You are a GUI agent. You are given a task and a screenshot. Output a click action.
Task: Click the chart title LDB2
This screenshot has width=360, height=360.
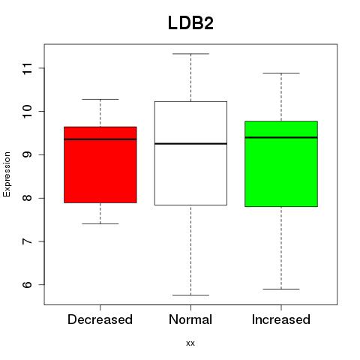[190, 23]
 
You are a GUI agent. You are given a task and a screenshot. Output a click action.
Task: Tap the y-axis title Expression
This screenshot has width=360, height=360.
[7, 174]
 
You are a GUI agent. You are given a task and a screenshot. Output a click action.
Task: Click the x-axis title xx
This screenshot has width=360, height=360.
[190, 343]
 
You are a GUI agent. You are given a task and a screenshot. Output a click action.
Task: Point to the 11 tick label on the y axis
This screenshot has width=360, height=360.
[28, 68]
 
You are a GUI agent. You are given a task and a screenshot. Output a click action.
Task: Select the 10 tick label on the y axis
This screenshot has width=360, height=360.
[28, 112]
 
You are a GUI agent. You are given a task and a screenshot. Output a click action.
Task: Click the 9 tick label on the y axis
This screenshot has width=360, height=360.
[28, 154]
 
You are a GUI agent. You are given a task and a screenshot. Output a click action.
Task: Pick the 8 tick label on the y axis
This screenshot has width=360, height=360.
[28, 198]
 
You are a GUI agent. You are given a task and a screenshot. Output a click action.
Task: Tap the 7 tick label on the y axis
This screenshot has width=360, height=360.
[28, 241]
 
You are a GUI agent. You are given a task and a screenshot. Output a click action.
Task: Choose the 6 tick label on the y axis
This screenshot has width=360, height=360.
[28, 284]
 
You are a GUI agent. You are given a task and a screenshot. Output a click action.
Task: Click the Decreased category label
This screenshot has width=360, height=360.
[100, 319]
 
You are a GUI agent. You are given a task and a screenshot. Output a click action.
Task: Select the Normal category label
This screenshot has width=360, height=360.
[190, 319]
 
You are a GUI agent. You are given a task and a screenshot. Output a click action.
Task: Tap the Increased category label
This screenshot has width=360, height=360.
[281, 319]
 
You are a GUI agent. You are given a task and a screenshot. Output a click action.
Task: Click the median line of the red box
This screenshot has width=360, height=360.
[100, 139]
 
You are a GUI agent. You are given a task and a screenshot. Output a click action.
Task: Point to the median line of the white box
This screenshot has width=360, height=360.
[190, 144]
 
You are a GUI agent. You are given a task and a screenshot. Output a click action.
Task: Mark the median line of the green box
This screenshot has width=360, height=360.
[281, 137]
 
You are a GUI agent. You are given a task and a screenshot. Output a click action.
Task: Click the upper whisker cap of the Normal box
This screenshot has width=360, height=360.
[190, 54]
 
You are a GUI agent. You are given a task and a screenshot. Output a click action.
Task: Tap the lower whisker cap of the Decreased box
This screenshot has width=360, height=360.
[100, 223]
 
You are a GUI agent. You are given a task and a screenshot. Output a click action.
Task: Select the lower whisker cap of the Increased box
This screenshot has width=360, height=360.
[281, 289]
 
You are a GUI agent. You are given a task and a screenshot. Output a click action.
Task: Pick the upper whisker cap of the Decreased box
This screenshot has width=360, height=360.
[100, 99]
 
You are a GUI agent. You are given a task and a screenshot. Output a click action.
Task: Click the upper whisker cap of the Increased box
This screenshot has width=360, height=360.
[281, 73]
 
